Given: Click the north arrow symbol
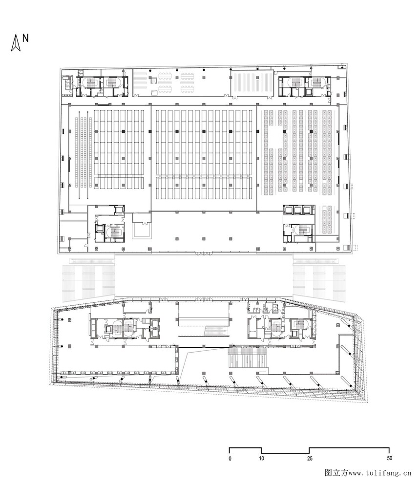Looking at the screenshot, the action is coord(16,43).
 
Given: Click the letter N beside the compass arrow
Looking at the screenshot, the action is coord(25,38).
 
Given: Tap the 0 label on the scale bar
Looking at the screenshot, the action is coord(230,459).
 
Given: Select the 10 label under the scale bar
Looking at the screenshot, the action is coord(262,458).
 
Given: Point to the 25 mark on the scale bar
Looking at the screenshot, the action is coord(310,459).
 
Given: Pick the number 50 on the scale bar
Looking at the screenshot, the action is coord(389,458).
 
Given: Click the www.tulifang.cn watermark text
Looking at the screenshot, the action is coord(380,473).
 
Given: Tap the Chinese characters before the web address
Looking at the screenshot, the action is coord(336,473).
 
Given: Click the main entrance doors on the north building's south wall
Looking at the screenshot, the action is coord(204,253).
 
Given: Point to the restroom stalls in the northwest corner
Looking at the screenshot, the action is coord(67,82).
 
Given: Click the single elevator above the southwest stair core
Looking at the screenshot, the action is coord(119,210).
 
